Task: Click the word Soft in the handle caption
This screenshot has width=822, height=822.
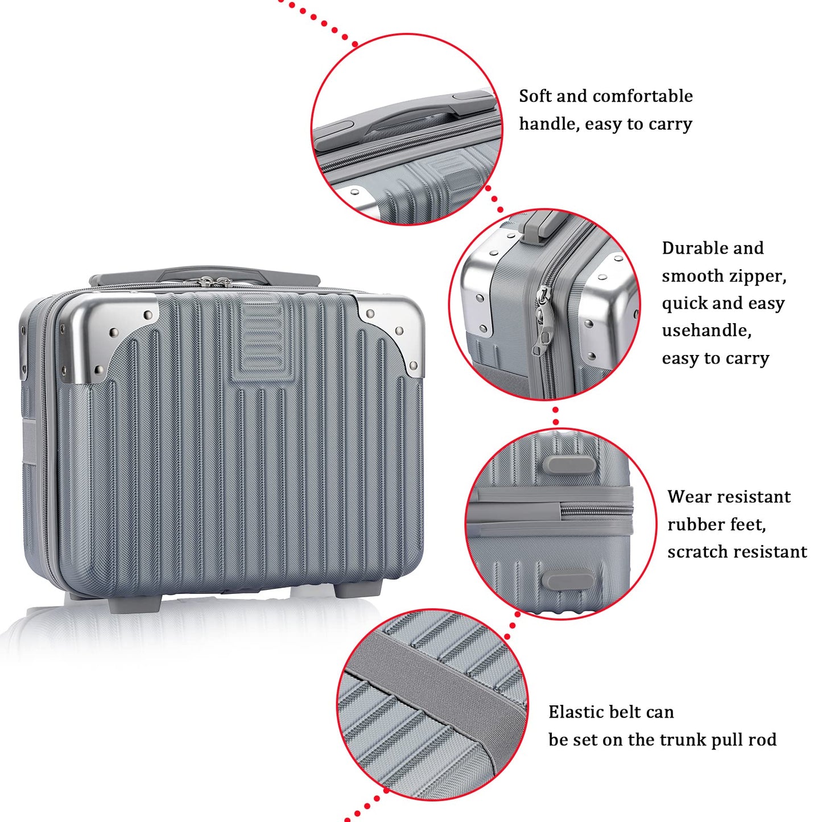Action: [535, 96]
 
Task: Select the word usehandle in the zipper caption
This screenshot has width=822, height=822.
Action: [706, 331]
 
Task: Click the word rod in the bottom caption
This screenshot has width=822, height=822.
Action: [762, 740]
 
